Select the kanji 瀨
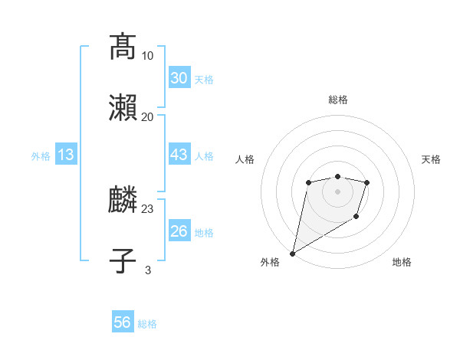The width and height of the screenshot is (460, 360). point(123,108)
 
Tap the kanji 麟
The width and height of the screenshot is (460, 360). point(123,201)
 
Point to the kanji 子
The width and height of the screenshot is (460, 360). point(123,261)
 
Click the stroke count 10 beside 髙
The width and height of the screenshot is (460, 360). point(148,55)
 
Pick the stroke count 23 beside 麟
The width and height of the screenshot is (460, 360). point(148,208)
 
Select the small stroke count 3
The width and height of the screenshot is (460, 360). point(148,270)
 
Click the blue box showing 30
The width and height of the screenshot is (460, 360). point(179,77)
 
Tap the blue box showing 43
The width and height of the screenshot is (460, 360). point(179,155)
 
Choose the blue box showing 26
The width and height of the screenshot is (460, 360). point(179,231)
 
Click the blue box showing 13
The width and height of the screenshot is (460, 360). point(66,155)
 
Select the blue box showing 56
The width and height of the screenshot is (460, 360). point(122,322)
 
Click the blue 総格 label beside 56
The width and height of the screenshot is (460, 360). point(147,324)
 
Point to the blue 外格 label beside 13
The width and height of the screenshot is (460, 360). point(41,156)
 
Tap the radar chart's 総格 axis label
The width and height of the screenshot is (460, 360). point(338,100)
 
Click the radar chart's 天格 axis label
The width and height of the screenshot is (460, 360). point(432,159)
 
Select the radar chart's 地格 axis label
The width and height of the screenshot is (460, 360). point(402,263)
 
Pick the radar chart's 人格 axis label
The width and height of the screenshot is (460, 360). point(245,159)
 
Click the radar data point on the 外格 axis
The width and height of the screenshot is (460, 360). point(292,254)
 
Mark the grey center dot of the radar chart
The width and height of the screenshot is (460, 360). point(337,191)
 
